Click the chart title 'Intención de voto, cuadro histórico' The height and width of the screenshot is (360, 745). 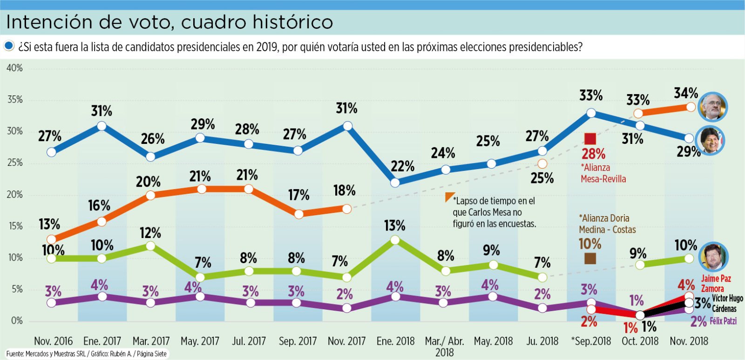[x=169, y=22]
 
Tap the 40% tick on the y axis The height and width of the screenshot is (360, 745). [x=14, y=68]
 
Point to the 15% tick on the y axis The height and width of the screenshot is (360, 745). [x=14, y=226]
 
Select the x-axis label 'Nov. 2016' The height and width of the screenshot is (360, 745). [x=53, y=341]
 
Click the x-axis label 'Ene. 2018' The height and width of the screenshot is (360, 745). [x=395, y=341]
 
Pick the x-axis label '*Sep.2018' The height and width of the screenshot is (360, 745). [x=591, y=341]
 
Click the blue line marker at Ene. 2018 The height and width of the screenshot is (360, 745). [x=395, y=183]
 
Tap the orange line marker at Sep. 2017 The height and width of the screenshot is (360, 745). [x=299, y=214]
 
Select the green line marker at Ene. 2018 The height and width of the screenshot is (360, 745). [x=395, y=240]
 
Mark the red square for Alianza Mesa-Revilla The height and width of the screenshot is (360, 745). [x=590, y=139]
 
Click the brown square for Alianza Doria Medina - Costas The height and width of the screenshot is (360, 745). [x=590, y=258]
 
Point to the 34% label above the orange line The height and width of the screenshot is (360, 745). [x=685, y=93]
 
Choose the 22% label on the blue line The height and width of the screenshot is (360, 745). [x=403, y=166]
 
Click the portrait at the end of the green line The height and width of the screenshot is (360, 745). [x=713, y=256]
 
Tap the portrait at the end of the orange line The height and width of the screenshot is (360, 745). [x=713, y=107]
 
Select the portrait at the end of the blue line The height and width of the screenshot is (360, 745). [x=710, y=140]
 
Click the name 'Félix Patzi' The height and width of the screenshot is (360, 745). [x=723, y=321]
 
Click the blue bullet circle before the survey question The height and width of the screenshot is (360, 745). [x=9, y=46]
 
